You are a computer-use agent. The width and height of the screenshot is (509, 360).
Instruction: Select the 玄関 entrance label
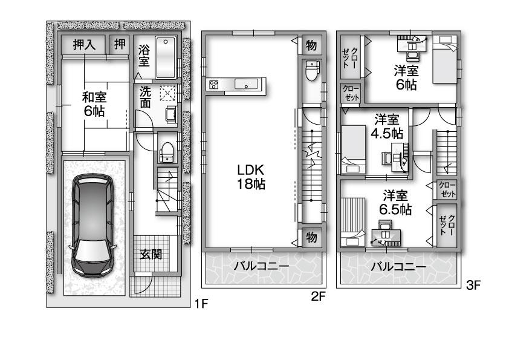[x=151, y=254]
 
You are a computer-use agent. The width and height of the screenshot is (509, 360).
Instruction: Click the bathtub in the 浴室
[x=165, y=58]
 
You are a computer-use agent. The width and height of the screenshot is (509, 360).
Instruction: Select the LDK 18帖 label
[x=250, y=176]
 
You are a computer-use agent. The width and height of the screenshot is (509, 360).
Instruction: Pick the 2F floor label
[x=319, y=296]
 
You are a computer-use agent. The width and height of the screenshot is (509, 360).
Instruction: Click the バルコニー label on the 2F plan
[x=262, y=267]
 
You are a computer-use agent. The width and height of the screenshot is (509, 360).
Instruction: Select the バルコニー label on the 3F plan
[x=398, y=267]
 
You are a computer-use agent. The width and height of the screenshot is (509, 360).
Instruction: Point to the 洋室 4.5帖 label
[x=388, y=125]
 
